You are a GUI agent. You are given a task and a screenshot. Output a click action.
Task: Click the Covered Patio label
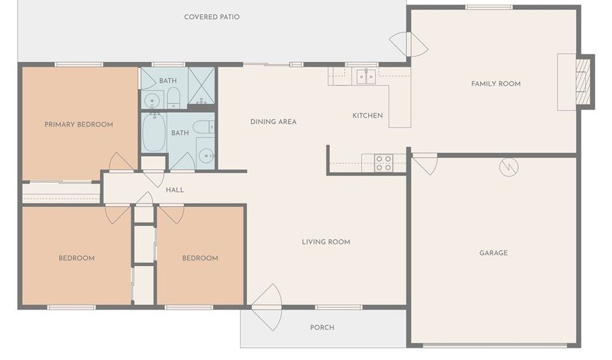tap(211, 17)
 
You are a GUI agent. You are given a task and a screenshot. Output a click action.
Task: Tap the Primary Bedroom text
tap(78, 125)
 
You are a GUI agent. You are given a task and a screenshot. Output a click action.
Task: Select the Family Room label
tap(496, 84)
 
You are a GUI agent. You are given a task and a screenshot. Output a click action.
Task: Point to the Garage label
tap(494, 253)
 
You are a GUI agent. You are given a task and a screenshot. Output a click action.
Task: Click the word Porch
tap(322, 327)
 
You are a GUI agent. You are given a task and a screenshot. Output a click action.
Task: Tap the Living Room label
tap(326, 242)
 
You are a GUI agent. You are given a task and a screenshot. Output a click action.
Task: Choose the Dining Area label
tap(273, 122)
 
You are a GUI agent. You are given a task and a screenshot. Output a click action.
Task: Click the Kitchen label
tap(367, 116)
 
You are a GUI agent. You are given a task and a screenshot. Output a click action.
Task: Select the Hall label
tap(175, 190)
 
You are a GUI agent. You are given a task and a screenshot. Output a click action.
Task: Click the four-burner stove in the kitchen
tap(384, 163)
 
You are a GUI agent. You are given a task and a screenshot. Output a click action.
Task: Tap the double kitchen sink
tap(366, 76)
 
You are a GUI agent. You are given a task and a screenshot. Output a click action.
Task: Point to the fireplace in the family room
tap(584, 82)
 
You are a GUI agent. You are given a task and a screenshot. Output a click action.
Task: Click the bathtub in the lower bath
tap(154, 133)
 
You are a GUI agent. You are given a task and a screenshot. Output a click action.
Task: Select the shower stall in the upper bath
tap(201, 86)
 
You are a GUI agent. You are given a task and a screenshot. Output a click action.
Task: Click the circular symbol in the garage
tap(509, 167)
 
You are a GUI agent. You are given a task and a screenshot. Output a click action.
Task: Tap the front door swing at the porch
tap(266, 308)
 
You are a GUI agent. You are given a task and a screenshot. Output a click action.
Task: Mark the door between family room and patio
tap(409, 44)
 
